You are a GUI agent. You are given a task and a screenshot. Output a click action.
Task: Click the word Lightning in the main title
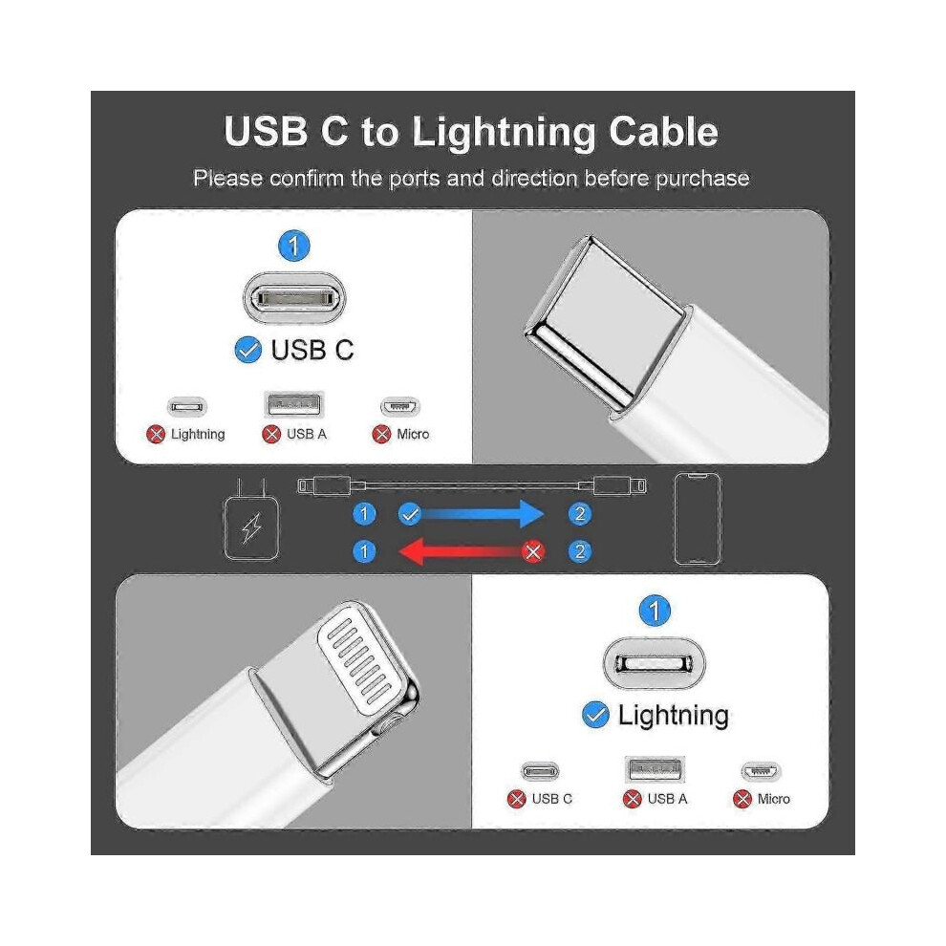(x=505, y=132)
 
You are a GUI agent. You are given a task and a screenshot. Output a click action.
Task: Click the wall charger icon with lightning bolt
(x=251, y=520)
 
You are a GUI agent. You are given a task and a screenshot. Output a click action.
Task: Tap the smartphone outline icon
(x=697, y=519)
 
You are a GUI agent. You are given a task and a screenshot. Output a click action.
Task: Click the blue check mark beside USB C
(x=247, y=350)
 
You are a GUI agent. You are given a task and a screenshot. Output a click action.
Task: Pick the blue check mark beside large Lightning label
(x=595, y=715)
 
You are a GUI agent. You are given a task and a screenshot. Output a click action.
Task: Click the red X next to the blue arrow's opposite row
(x=533, y=551)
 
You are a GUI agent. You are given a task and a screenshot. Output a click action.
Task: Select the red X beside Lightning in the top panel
(x=156, y=434)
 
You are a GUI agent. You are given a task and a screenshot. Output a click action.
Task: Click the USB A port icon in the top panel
(x=294, y=404)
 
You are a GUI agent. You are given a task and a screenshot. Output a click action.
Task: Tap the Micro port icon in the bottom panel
(x=761, y=771)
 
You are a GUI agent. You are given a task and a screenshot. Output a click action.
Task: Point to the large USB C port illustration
(x=294, y=297)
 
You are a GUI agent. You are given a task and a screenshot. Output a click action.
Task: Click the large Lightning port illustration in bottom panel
(x=654, y=663)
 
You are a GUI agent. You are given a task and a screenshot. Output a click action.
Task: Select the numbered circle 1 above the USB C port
(x=293, y=246)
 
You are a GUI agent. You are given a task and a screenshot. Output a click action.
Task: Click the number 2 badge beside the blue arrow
(x=580, y=514)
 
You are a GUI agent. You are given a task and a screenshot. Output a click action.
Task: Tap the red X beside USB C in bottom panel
(x=517, y=799)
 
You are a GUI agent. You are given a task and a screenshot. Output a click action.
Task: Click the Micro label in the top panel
(x=413, y=434)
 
